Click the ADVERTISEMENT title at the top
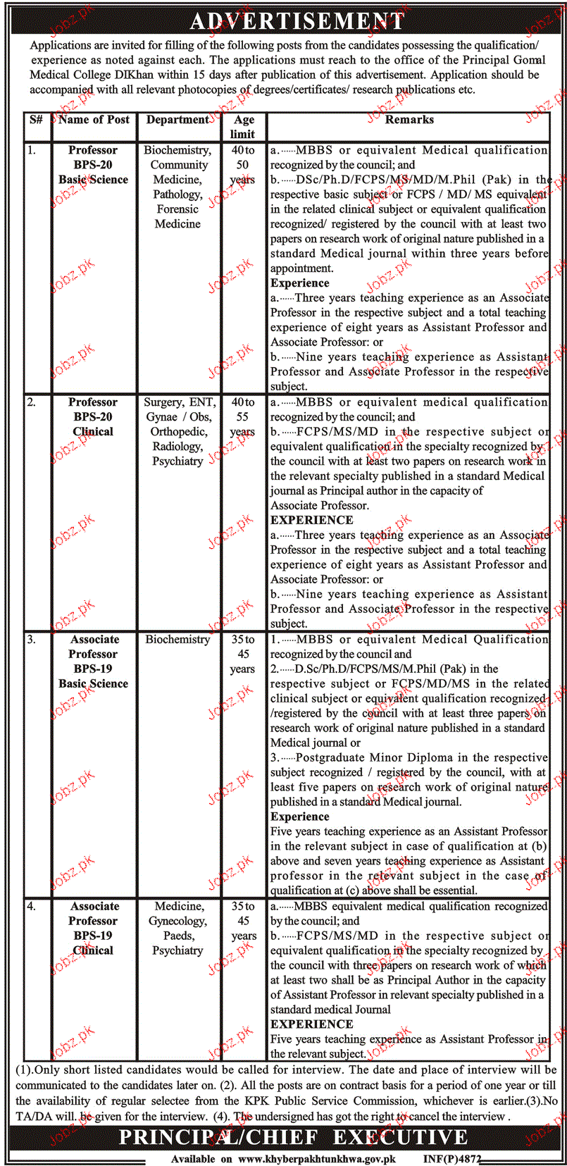coord(297,21)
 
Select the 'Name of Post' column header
coord(94,120)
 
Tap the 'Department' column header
coord(177,120)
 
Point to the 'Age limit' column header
coord(243,127)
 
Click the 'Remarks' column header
coord(409,120)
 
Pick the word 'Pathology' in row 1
coord(177,194)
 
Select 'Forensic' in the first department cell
coord(177,209)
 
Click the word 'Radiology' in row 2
coord(177,447)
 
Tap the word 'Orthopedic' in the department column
coord(177,432)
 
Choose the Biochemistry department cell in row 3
coord(177,640)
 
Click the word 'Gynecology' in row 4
coord(177,922)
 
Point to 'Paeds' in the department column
coord(178,936)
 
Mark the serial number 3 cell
coord(31,640)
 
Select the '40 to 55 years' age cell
coord(243,417)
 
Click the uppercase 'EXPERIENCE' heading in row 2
coord(312,520)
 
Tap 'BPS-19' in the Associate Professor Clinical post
coord(93,936)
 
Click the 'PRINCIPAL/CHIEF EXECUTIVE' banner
coord(293,1137)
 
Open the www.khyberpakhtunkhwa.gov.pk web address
coord(317,1159)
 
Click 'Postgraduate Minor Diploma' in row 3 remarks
coord(374,758)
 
